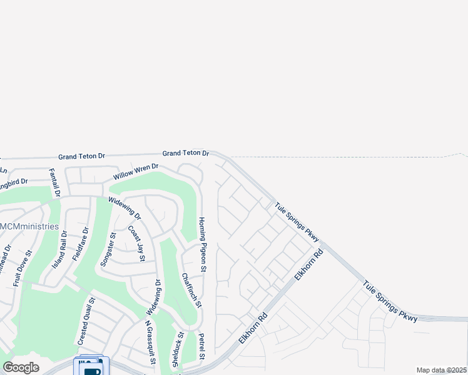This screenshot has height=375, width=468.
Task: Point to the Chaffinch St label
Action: tap(191, 291)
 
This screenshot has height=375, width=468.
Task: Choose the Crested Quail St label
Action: tap(86, 321)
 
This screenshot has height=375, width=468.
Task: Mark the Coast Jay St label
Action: tap(136, 244)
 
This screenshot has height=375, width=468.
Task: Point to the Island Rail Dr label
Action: tap(59, 249)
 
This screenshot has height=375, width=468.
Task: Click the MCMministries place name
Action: tap(29, 226)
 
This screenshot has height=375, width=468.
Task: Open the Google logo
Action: tap(21, 367)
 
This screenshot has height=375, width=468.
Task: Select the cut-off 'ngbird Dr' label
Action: tap(14, 182)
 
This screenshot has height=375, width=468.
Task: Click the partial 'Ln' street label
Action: tap(3, 169)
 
